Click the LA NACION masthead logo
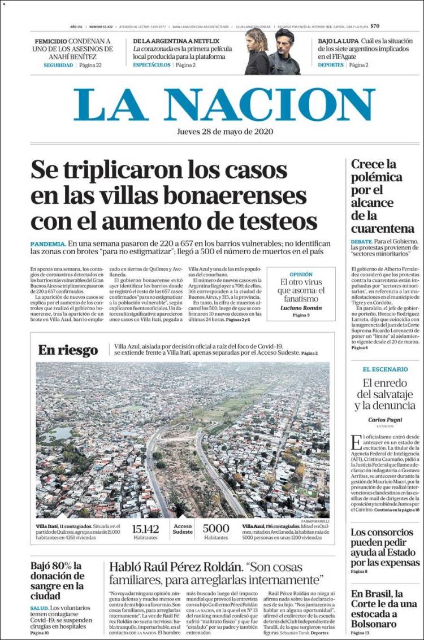[224, 105]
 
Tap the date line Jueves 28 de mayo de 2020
[225, 132]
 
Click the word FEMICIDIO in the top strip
[51, 42]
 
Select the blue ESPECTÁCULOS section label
[152, 65]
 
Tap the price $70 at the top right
[375, 26]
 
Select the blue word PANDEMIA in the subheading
[48, 243]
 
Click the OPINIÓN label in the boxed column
[301, 274]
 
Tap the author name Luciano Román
[301, 308]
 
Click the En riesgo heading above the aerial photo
[68, 350]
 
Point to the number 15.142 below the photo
[145, 529]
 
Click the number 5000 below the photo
[216, 529]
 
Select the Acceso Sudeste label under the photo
[183, 529]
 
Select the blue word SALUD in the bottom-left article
[39, 608]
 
